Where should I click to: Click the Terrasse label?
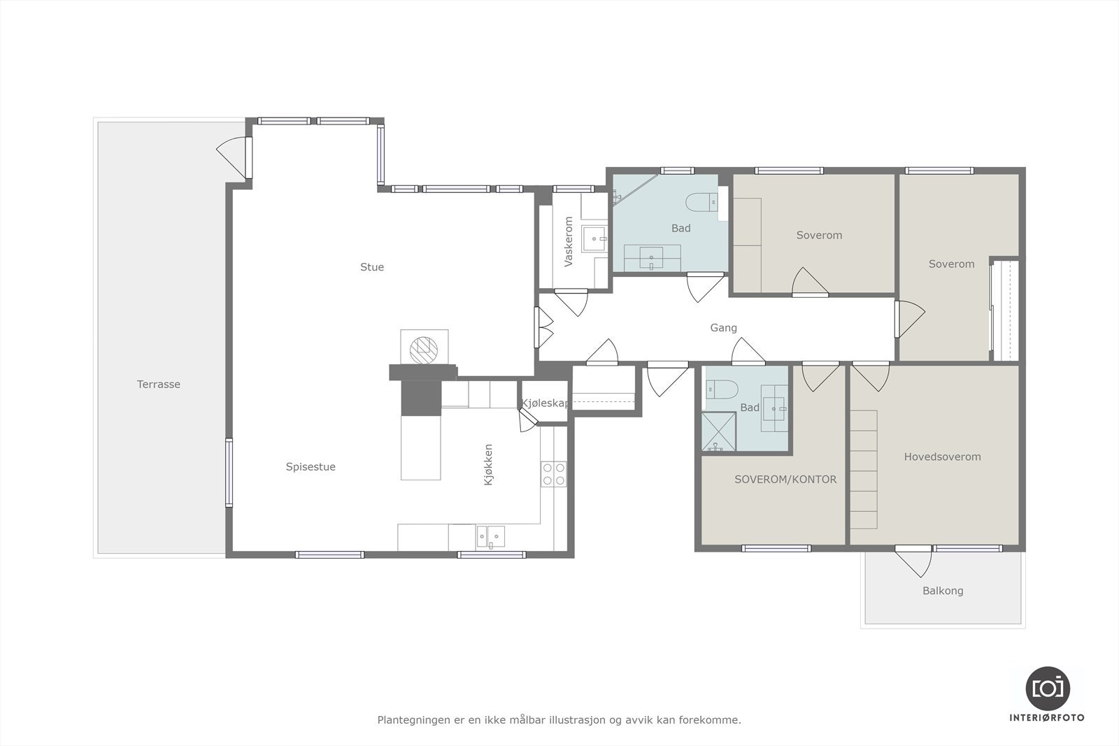click(x=158, y=384)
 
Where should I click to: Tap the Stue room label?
click(x=372, y=267)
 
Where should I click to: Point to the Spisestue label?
click(x=311, y=467)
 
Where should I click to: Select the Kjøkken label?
click(x=489, y=464)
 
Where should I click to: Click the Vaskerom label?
click(x=569, y=241)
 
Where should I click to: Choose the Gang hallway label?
click(x=723, y=328)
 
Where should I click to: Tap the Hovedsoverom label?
click(x=942, y=457)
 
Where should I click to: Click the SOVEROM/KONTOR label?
click(x=785, y=480)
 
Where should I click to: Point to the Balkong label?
click(x=943, y=591)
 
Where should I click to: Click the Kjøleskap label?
click(x=545, y=403)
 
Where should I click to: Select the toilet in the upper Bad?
click(x=702, y=202)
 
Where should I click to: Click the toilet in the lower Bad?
click(x=722, y=389)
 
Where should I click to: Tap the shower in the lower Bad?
click(x=718, y=431)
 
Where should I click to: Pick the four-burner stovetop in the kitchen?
click(x=553, y=474)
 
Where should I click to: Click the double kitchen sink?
click(x=490, y=537)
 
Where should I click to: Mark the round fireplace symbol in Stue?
click(x=424, y=350)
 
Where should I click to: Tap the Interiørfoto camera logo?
click(x=1048, y=689)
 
